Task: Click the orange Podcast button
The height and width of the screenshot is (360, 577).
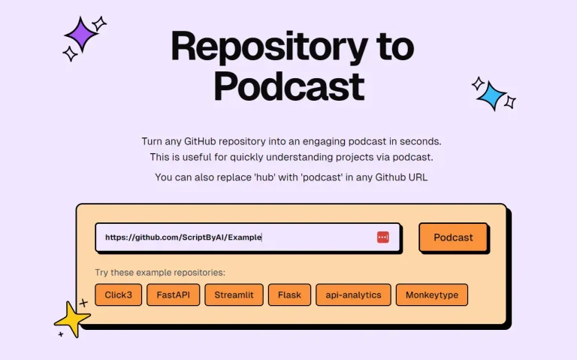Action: (453, 237)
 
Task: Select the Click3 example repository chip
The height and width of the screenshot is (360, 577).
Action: (119, 295)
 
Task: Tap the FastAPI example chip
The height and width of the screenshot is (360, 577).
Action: (174, 295)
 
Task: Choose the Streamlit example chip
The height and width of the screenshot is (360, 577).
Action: (234, 295)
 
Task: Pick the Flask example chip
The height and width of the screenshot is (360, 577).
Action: (288, 295)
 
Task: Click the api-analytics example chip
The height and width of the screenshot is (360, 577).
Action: (353, 295)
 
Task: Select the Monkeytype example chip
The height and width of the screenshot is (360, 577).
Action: (431, 295)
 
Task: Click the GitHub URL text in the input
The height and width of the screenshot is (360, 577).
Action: (183, 237)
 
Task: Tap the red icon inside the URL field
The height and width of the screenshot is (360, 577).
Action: (383, 237)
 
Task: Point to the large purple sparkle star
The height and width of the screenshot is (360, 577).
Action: (81, 34)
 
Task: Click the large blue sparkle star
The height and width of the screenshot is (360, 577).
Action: (492, 95)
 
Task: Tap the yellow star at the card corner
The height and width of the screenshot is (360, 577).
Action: (74, 319)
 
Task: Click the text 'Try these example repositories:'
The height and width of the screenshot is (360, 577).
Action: (160, 272)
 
